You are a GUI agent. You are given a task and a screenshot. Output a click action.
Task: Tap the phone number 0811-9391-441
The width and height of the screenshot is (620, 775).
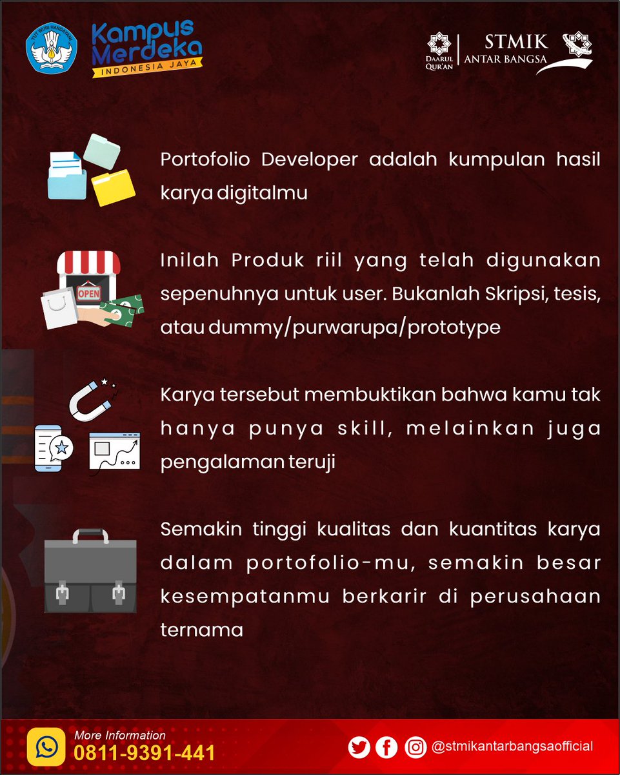point(145,753)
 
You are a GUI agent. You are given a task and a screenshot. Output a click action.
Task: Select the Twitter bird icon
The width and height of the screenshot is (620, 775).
point(359,747)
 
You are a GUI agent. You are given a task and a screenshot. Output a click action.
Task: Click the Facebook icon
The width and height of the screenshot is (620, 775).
point(386,747)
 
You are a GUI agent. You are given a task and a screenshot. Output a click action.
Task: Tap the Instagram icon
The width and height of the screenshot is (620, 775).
point(415,747)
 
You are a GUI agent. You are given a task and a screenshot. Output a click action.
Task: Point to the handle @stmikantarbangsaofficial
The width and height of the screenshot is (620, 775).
point(512,747)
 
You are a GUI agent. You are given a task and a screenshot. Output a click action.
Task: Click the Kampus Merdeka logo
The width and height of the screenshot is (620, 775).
point(146,48)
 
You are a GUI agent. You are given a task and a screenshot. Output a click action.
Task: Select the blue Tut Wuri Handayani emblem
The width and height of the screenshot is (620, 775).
point(51,48)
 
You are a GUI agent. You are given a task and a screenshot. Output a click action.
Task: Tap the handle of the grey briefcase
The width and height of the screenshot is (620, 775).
point(90,535)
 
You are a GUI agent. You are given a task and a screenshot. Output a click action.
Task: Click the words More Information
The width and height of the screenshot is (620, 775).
point(120,735)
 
